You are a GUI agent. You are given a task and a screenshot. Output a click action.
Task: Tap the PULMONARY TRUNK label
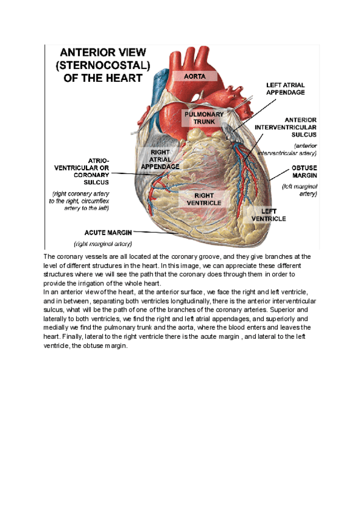[204, 118]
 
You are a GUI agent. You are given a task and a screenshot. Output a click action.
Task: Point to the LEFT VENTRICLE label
[269, 215]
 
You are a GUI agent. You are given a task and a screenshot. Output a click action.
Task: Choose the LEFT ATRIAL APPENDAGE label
[286, 88]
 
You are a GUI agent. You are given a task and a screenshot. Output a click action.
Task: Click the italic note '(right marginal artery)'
[103, 244]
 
